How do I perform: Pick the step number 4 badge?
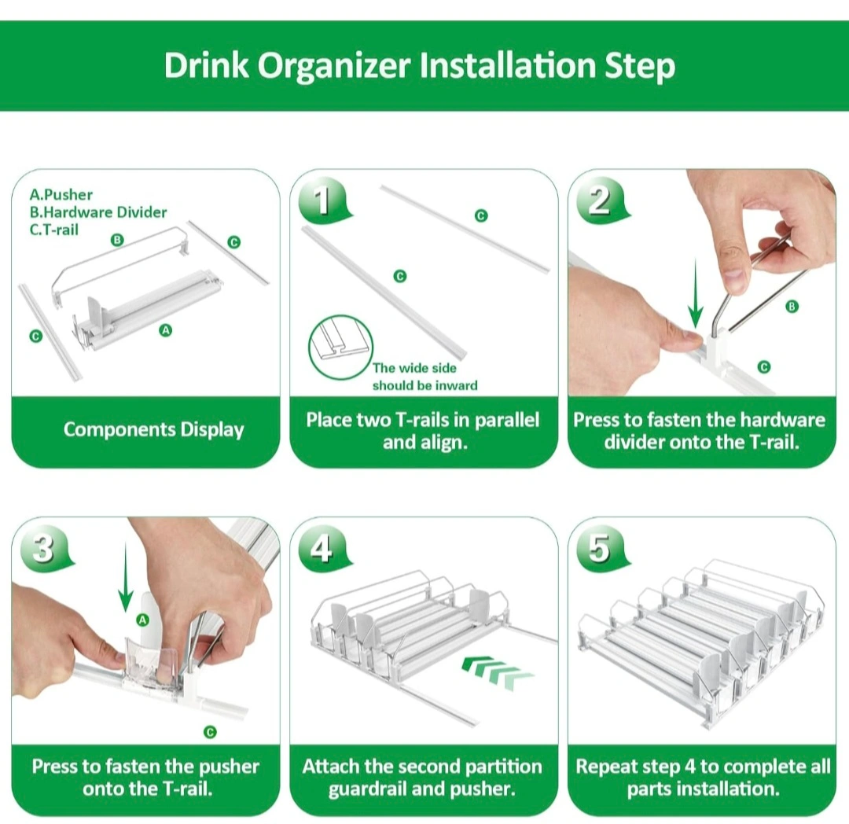coord(324,547)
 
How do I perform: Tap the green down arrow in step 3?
coord(126,578)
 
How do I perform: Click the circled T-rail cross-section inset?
coord(340,347)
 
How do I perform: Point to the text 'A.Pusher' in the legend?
coord(61,195)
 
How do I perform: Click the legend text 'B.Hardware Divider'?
coord(98,212)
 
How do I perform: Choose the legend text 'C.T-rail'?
coord(54,230)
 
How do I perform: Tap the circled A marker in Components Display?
coord(166,330)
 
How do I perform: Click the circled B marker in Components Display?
coord(117,240)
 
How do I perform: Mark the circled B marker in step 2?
coord(792,307)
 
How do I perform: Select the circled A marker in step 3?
coord(142,620)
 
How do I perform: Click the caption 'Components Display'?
coord(154,430)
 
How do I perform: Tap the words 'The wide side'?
coord(414,368)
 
